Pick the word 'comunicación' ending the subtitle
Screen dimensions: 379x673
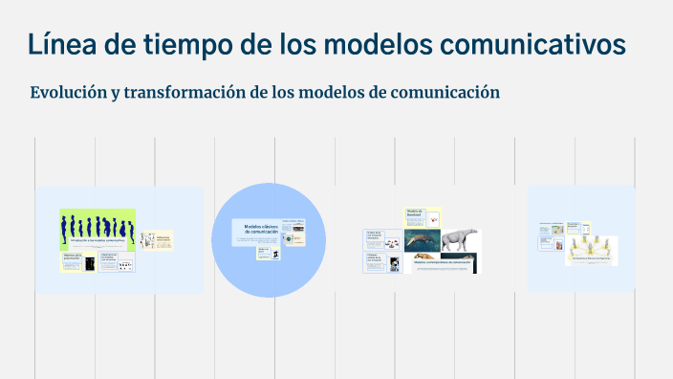tap(441, 93)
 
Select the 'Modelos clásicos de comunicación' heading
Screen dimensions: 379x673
tap(259, 230)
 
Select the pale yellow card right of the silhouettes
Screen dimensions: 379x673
tap(156, 240)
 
